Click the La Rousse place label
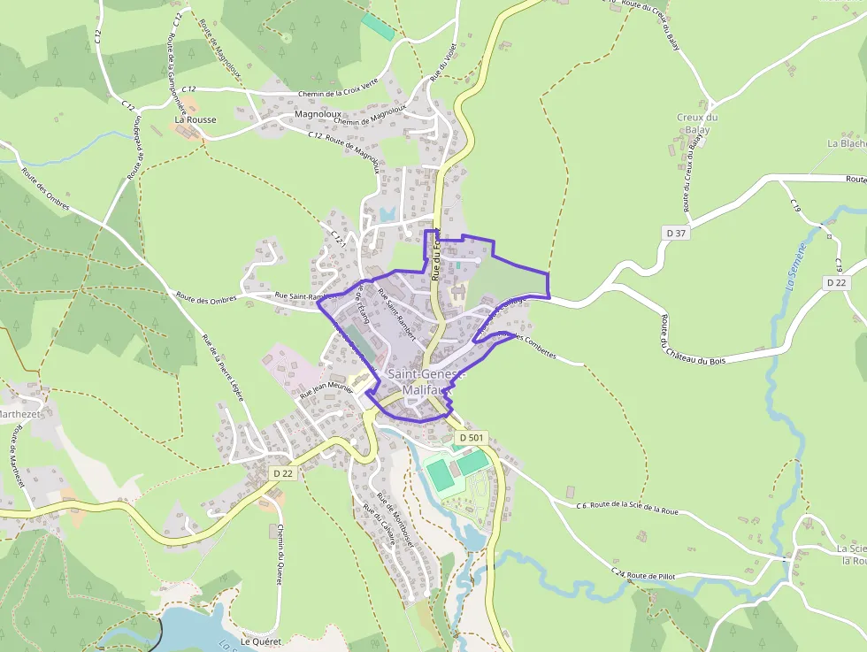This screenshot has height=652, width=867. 196,119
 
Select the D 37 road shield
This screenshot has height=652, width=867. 676,233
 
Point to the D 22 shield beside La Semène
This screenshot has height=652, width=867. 837,282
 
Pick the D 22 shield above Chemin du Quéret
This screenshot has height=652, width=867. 282,473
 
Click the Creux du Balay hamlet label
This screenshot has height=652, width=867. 697,124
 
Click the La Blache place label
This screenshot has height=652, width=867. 846,143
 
